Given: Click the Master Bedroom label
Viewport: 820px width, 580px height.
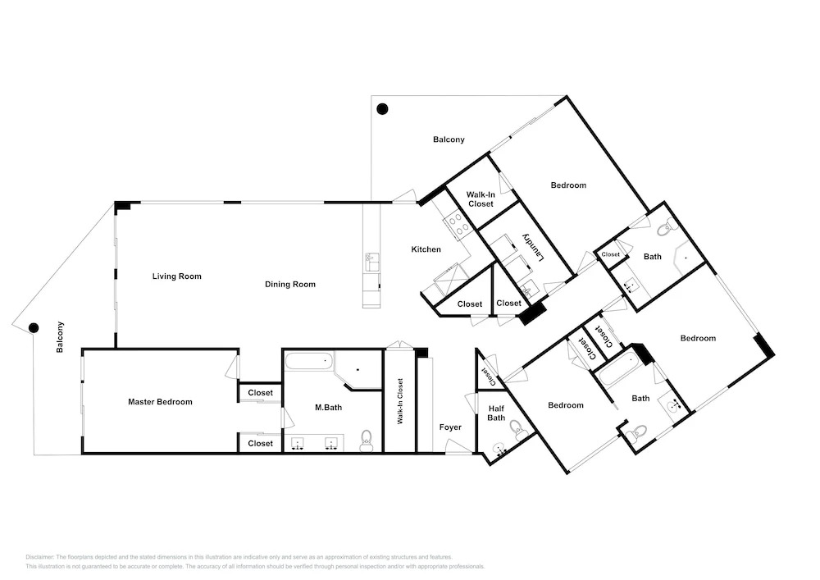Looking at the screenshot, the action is [x=160, y=402].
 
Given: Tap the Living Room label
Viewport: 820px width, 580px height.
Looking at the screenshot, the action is [x=177, y=276].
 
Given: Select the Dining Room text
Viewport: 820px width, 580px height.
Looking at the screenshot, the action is [x=290, y=285].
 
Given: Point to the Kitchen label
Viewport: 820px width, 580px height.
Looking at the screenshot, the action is [x=426, y=249].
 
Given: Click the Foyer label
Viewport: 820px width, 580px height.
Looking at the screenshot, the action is [x=450, y=427].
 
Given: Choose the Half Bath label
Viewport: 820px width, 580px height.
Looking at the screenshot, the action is [x=496, y=413].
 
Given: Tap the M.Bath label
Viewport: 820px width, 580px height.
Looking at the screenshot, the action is [x=329, y=408].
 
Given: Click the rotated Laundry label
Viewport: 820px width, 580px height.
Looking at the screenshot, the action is [x=535, y=247].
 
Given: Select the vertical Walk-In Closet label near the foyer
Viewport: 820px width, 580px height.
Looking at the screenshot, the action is [x=401, y=401].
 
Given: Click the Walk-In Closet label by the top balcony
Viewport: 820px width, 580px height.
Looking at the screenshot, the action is [x=481, y=199].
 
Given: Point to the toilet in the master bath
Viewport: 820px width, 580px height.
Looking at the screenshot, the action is [x=366, y=441].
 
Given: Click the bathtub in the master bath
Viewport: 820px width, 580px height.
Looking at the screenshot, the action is [x=309, y=362].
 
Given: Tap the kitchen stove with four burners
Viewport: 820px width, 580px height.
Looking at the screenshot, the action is [x=456, y=224].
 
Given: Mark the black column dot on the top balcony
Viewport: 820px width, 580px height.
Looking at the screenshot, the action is [x=382, y=109].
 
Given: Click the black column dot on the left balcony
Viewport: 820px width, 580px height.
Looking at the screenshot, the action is [x=34, y=328].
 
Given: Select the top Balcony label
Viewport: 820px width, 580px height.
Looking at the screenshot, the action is [x=449, y=139].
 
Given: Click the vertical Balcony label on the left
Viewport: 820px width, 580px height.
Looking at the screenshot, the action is [x=60, y=337].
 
